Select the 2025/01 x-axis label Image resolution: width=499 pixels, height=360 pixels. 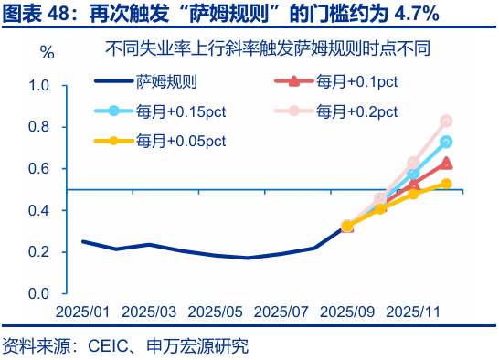pos(83,312)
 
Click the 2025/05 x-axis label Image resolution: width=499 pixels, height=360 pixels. pos(215,312)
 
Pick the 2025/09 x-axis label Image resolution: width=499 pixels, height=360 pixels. pos(347,312)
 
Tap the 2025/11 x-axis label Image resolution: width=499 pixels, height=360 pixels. pos(413,312)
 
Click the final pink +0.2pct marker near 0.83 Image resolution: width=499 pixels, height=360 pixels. pos(446,121)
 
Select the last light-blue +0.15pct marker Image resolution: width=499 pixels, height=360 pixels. pos(446,142)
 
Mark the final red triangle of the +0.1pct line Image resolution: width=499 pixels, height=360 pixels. pos(446,163)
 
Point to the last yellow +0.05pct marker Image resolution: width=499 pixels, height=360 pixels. pos(446,184)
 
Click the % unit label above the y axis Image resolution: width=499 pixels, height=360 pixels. pos(48,53)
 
